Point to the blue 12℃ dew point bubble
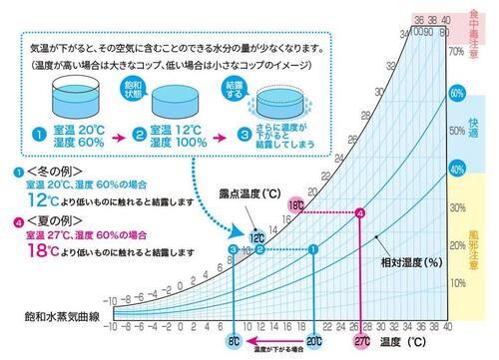(x=256, y=237)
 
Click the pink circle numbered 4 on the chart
(x=360, y=213)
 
